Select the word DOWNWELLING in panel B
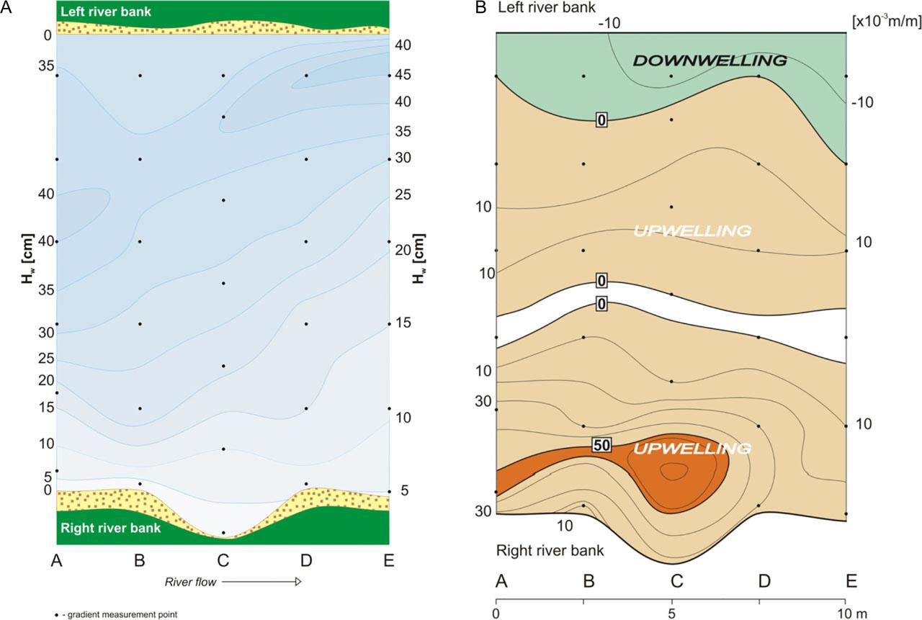(x=710, y=61)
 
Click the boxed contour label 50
(x=602, y=445)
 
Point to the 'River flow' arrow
(x=260, y=580)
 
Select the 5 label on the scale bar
(x=671, y=614)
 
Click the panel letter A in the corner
(x=5, y=6)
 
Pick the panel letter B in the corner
(x=479, y=8)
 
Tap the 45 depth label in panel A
(x=403, y=75)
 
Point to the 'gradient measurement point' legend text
(x=120, y=614)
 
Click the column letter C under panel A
(x=223, y=560)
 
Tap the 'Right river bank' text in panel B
(x=550, y=551)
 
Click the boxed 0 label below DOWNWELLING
(x=601, y=120)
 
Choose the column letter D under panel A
(x=306, y=560)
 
